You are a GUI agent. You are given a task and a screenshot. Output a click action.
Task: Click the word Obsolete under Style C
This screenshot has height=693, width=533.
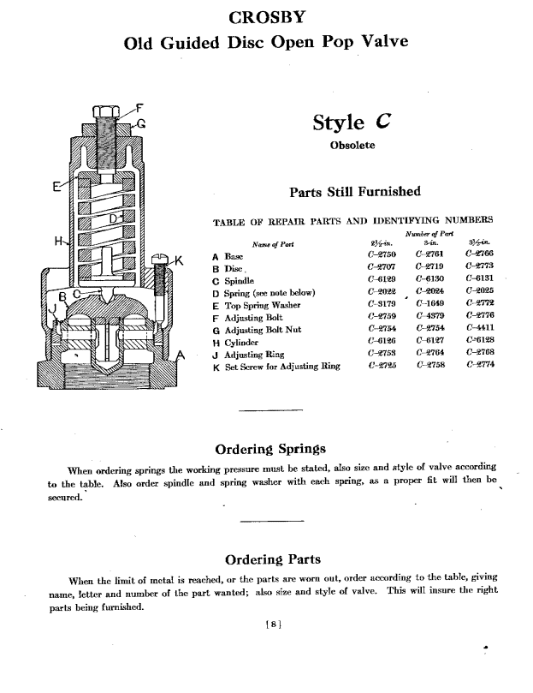tap(352, 146)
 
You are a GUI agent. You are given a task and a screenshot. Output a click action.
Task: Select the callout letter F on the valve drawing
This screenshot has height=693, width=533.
tap(140, 108)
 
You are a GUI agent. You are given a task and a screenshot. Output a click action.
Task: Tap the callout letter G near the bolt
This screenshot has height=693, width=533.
tap(142, 122)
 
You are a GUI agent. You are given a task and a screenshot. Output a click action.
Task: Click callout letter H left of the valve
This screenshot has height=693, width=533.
tap(59, 241)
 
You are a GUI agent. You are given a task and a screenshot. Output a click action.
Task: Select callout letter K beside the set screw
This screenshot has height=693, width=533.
tap(179, 260)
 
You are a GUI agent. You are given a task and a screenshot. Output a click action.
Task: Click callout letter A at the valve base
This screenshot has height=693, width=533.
tap(181, 355)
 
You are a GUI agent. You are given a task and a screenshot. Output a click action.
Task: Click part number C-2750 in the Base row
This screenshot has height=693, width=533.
tap(379, 255)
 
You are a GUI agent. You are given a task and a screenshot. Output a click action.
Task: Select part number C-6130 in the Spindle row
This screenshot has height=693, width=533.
tap(429, 279)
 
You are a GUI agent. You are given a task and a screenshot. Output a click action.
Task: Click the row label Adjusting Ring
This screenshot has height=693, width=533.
tap(255, 353)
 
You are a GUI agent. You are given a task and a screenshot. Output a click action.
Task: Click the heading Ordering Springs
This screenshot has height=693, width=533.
tap(270, 449)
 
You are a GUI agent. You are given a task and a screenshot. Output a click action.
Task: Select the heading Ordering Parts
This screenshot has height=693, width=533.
tap(272, 559)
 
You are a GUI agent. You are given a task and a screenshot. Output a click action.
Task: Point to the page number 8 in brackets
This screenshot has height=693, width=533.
tap(270, 625)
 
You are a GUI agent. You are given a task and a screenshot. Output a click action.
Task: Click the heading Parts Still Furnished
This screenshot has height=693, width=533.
tap(355, 191)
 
